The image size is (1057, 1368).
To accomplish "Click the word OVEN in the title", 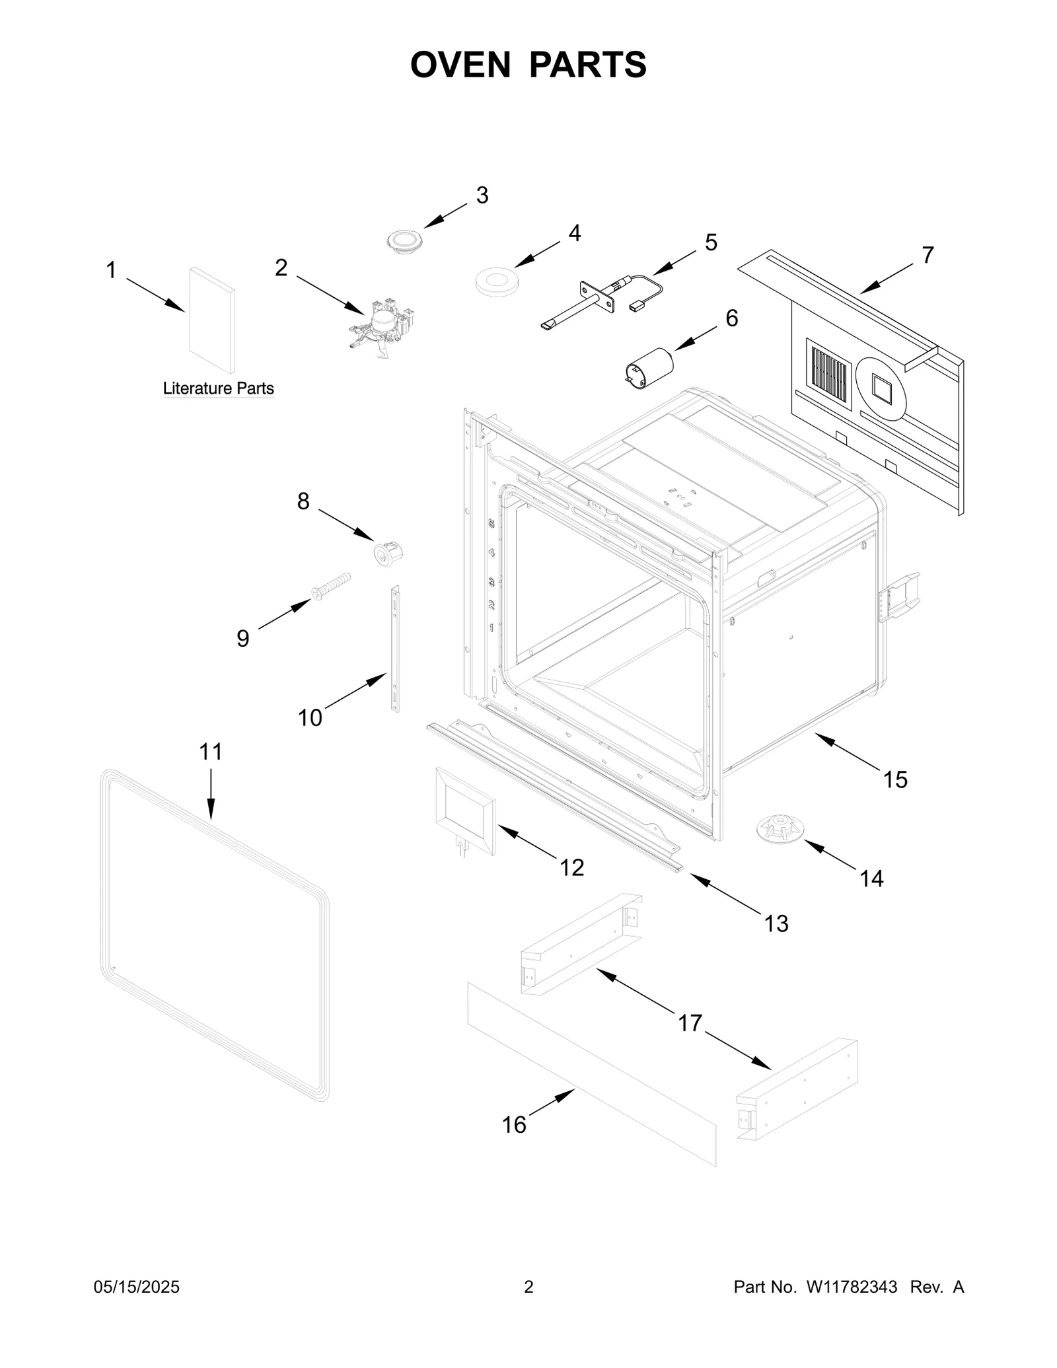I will (x=460, y=65).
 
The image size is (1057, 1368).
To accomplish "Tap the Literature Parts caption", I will (x=218, y=388).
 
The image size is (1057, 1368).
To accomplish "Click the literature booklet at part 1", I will (x=211, y=320).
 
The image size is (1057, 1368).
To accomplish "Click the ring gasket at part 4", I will (x=496, y=278).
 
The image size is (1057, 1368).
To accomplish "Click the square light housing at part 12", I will (x=464, y=812).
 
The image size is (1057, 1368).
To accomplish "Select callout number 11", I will (x=211, y=752).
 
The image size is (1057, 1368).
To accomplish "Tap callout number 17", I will (x=690, y=1023).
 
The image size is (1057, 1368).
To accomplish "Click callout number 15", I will (x=895, y=779).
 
